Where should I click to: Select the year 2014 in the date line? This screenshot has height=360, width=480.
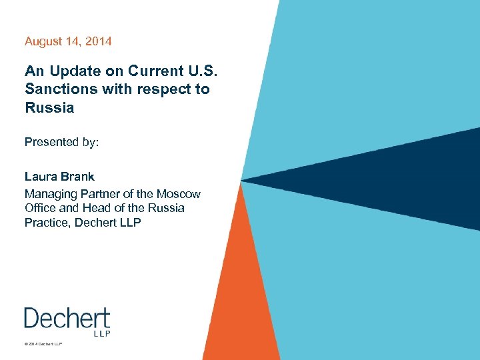point(99,41)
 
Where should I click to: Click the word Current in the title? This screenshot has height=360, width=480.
point(141,71)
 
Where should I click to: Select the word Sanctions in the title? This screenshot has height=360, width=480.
point(56,89)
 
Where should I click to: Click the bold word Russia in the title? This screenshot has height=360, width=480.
point(49,107)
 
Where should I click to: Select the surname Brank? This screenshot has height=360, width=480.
point(79,177)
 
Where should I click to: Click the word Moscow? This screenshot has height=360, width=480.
point(178,194)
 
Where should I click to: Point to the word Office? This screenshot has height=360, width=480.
point(41,208)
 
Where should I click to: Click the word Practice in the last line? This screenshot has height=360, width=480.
point(47,222)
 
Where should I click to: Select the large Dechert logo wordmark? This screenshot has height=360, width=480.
point(67,318)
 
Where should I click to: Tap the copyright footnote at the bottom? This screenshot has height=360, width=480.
point(43,344)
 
